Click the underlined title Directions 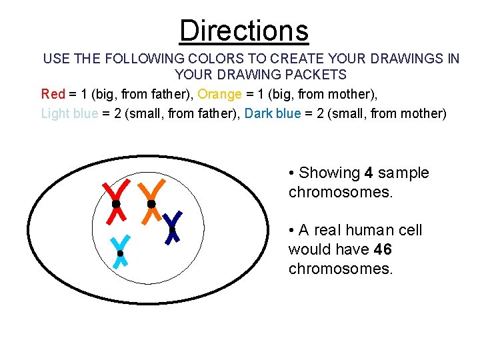pyautogui.click(x=243, y=31)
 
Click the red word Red pyautogui.click(x=53, y=94)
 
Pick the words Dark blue pyautogui.click(x=273, y=113)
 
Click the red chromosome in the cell pyautogui.click(x=115, y=201)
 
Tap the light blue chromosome pyautogui.click(x=120, y=251)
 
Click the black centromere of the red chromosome pyautogui.click(x=115, y=203)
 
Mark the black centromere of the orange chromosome pyautogui.click(x=151, y=203)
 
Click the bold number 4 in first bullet pyautogui.click(x=369, y=173)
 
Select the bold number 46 pyautogui.click(x=383, y=250)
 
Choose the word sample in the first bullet pyautogui.click(x=403, y=173)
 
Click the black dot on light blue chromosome pyautogui.click(x=120, y=253)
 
